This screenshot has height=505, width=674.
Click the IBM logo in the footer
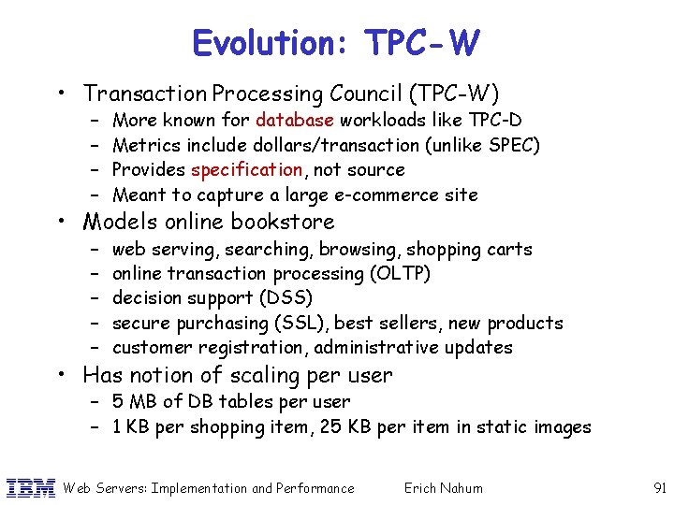(30, 487)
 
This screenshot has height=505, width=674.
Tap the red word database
(295, 120)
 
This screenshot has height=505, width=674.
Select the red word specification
(246, 170)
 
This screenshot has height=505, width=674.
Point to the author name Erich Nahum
(444, 487)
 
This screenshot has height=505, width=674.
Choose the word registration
(253, 348)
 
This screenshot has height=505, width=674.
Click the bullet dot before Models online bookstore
(62, 222)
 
